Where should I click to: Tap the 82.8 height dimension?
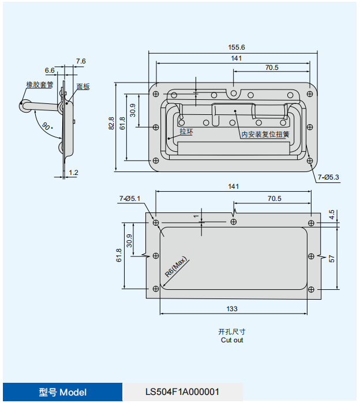(111, 125)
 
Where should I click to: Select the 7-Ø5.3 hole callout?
(328, 177)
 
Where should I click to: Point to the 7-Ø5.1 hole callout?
(130, 199)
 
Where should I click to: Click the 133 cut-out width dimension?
(232, 309)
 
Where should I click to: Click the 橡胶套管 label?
(40, 84)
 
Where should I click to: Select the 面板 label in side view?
(83, 87)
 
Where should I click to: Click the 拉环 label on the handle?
(186, 132)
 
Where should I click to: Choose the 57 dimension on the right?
(332, 259)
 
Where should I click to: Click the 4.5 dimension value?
(332, 214)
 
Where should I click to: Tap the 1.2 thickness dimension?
(73, 173)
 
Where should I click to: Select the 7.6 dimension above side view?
(80, 61)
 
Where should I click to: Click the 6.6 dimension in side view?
(50, 70)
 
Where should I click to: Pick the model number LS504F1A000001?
(182, 392)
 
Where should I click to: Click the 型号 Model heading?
(63, 392)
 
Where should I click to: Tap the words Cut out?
(232, 340)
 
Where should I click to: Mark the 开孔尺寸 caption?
(232, 332)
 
